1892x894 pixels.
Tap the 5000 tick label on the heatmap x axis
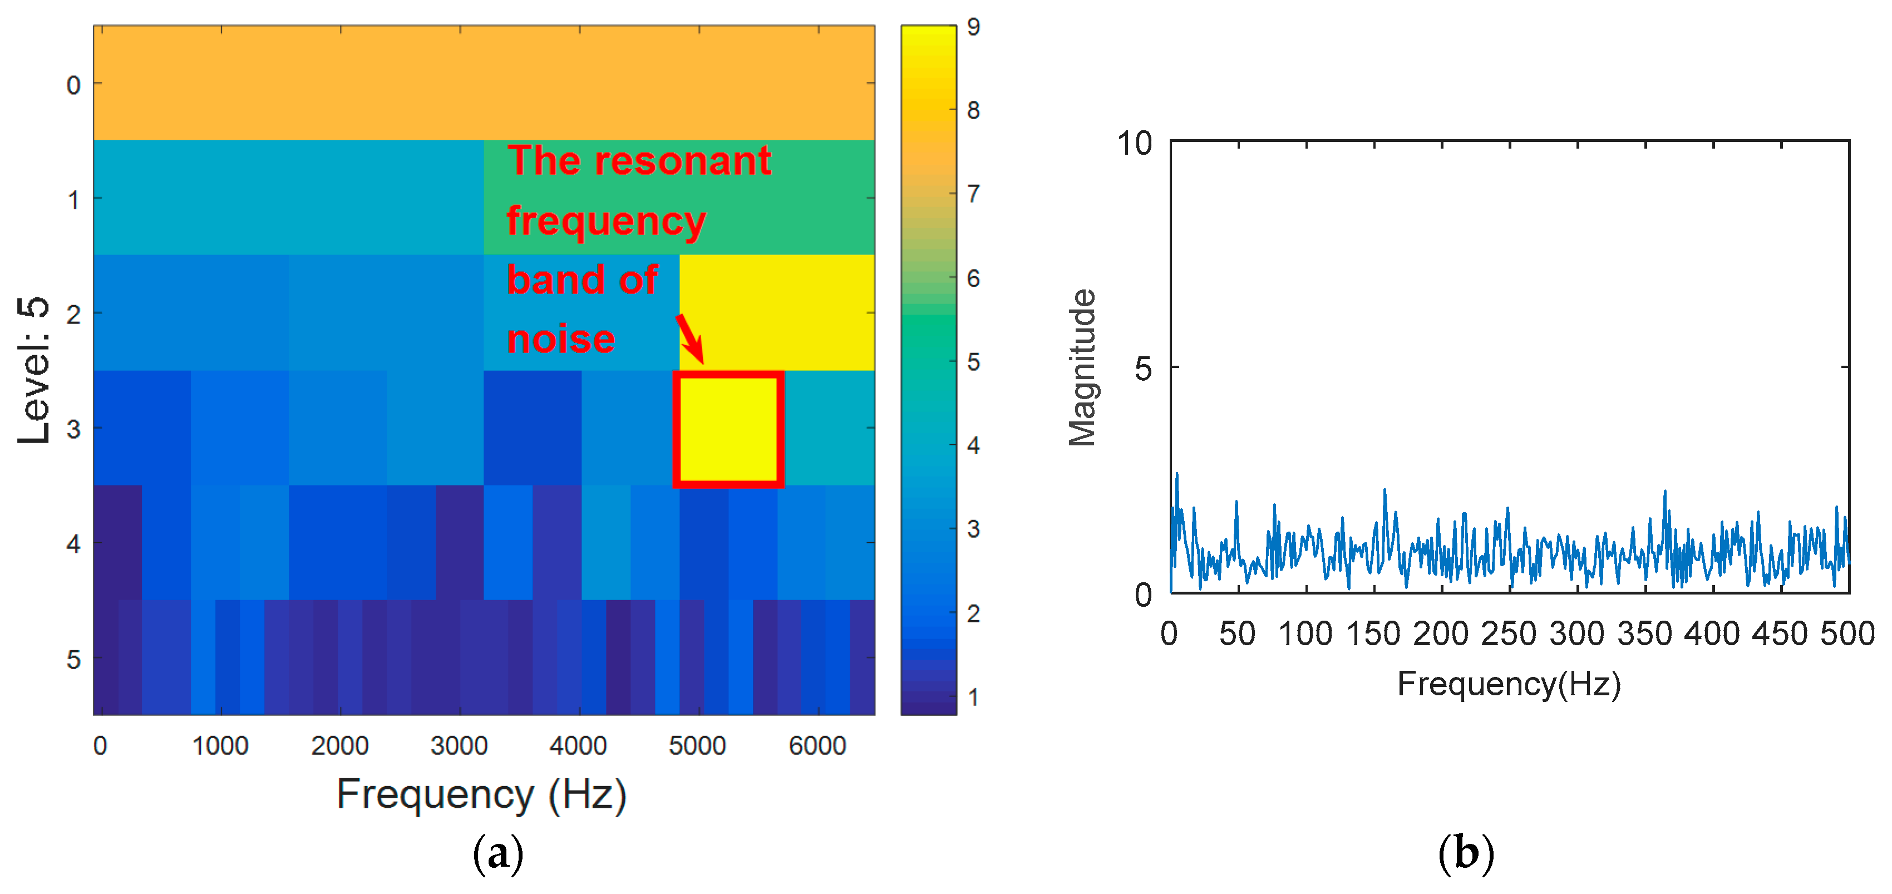[x=697, y=745]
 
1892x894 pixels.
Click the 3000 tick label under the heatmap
[x=459, y=745]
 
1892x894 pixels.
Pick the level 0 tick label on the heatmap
[x=73, y=85]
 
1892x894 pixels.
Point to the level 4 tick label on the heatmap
[x=73, y=544]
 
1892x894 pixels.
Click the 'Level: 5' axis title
[x=34, y=370]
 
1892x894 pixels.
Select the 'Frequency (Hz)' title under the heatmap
[x=481, y=795]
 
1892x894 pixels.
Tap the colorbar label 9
[x=973, y=27]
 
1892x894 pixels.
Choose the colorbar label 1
[x=973, y=696]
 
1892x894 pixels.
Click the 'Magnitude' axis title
[x=1082, y=367]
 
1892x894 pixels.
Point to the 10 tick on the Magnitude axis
[x=1135, y=143]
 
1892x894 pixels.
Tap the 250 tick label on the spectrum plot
[x=1509, y=633]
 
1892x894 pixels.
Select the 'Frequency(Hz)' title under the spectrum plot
[x=1509, y=684]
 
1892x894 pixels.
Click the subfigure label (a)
[x=498, y=853]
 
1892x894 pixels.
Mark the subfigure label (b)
[x=1466, y=853]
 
